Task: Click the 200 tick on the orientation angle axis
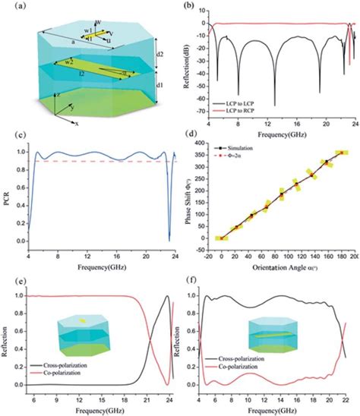pyautogui.click(x=354, y=256)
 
